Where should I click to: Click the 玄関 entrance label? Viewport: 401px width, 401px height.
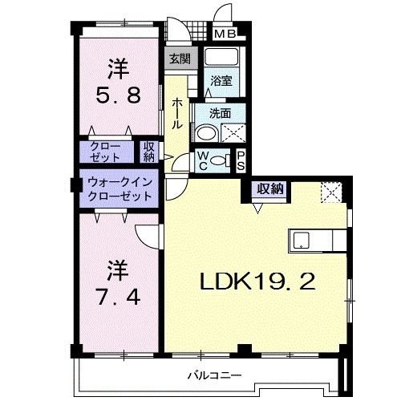180,59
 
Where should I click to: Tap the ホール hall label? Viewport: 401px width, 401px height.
176,112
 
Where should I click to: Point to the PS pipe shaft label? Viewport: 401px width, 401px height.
241,160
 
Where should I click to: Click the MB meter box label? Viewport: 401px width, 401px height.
224,34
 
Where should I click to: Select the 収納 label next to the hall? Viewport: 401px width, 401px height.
149,152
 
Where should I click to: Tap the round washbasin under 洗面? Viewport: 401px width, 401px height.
205,133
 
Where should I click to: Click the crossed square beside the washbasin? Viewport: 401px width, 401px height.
233,133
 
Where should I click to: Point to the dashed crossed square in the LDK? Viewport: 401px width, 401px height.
330,192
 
